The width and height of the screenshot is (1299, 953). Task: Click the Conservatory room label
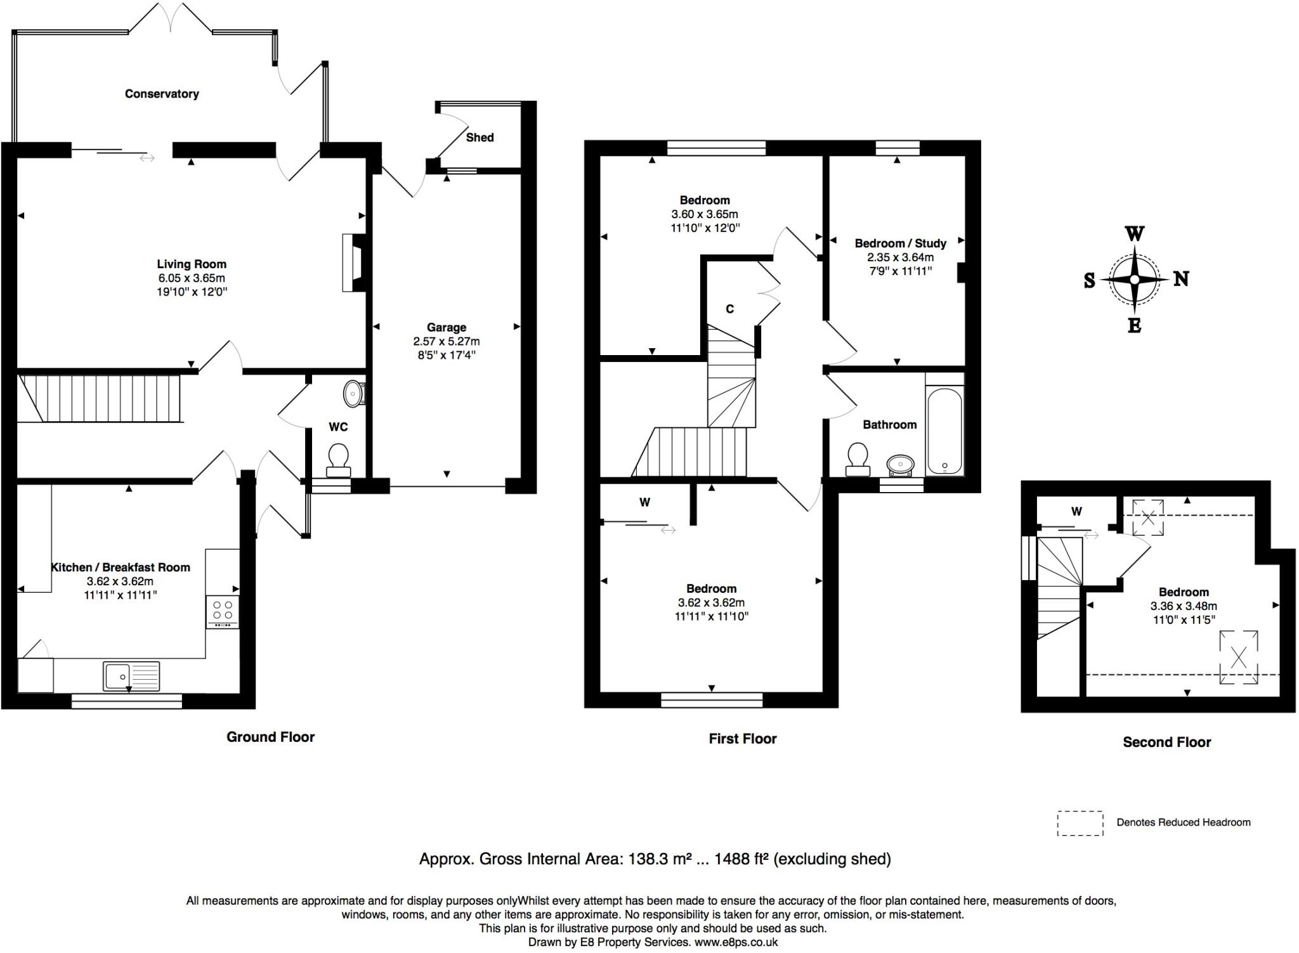click(x=162, y=94)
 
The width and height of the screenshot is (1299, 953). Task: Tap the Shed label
click(x=480, y=138)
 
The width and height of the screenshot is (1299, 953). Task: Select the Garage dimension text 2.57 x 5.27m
click(x=447, y=341)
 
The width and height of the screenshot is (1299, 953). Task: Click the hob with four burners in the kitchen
click(x=223, y=612)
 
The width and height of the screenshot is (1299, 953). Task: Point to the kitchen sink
click(x=131, y=676)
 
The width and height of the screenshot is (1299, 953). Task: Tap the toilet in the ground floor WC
click(x=338, y=460)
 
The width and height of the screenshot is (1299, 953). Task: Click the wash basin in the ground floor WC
click(x=354, y=394)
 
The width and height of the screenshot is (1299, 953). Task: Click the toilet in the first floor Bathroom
click(x=858, y=460)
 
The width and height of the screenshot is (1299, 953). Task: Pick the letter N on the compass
click(x=1180, y=279)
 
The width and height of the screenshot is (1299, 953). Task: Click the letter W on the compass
click(x=1135, y=234)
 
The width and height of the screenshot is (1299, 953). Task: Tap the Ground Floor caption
click(x=271, y=737)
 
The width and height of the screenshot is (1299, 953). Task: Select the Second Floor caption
click(x=1167, y=742)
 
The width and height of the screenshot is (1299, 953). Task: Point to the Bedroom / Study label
click(x=901, y=243)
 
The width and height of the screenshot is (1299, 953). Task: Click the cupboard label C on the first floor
click(x=730, y=309)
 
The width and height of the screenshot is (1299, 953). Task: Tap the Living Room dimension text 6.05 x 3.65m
click(x=192, y=278)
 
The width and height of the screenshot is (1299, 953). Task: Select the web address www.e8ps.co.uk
click(x=736, y=942)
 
